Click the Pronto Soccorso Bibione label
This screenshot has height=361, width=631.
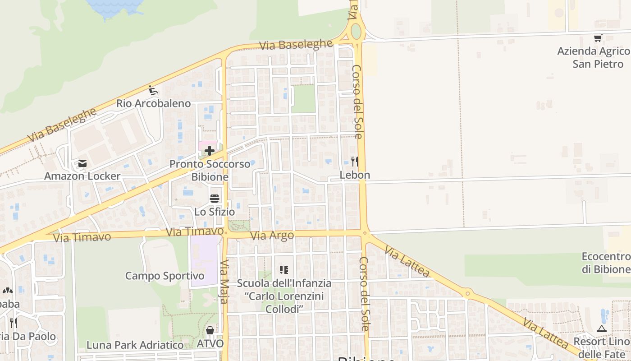pyautogui.click(x=210, y=170)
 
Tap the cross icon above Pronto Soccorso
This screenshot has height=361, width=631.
pyautogui.click(x=210, y=150)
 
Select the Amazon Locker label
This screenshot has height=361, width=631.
pyautogui.click(x=82, y=176)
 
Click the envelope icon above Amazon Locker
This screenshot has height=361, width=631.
pyautogui.click(x=82, y=163)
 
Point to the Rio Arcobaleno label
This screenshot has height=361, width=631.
pyautogui.click(x=153, y=103)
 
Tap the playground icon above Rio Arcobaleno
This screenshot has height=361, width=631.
pyautogui.click(x=153, y=90)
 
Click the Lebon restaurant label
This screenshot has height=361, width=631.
pyautogui.click(x=355, y=175)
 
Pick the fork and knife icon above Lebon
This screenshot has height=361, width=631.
pyautogui.click(x=355, y=161)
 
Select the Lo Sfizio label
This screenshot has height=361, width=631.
pyautogui.click(x=215, y=211)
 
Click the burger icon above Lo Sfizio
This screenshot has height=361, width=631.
pyautogui.click(x=215, y=199)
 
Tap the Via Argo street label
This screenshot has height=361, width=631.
pyautogui.click(x=272, y=236)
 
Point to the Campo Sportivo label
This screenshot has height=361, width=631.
pyautogui.click(x=165, y=276)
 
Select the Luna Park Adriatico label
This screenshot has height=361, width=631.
pyautogui.click(x=135, y=345)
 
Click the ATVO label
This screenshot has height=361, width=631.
pyautogui.click(x=210, y=343)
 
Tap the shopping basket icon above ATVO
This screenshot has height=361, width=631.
pyautogui.click(x=210, y=331)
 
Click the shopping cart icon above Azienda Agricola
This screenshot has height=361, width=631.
pyautogui.click(x=598, y=38)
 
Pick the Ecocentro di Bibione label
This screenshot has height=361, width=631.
pyautogui.click(x=606, y=263)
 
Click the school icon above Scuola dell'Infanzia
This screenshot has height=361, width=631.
pyautogui.click(x=284, y=270)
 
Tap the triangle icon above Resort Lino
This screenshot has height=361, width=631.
pyautogui.click(x=601, y=329)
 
